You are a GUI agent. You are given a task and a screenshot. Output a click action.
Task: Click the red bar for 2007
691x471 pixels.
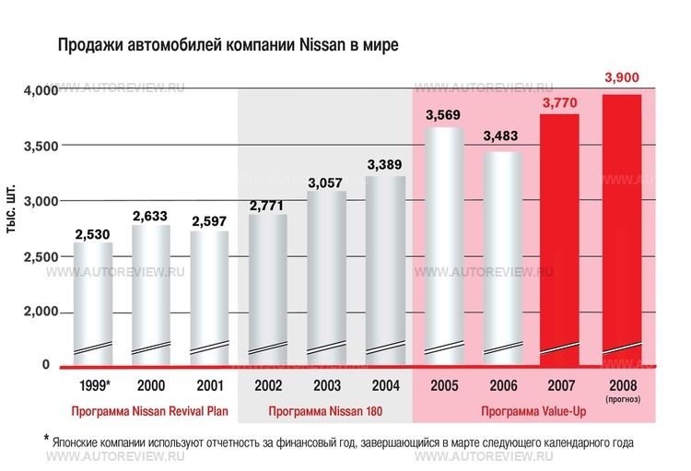[x=559, y=240]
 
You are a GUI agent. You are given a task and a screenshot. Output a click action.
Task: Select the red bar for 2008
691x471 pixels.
[x=621, y=230]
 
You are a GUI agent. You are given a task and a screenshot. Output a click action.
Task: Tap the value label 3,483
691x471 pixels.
[x=502, y=136]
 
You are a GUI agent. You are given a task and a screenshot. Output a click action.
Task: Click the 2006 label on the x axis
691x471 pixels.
[x=502, y=384]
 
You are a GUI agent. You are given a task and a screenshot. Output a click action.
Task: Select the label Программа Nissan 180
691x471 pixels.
[x=324, y=410]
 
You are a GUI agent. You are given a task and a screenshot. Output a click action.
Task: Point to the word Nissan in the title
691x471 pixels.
[x=322, y=43]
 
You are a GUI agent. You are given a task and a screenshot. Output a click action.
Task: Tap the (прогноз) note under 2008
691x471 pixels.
[x=622, y=399]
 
